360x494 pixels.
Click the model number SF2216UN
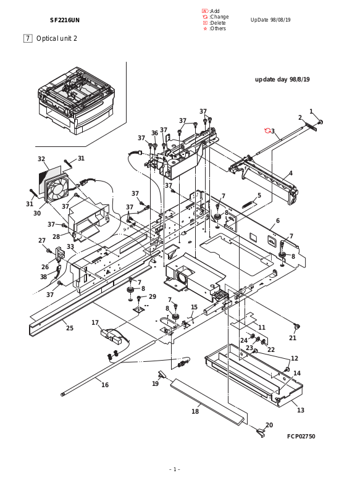(65, 20)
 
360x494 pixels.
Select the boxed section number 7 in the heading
(28, 38)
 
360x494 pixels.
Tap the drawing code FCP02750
(301, 437)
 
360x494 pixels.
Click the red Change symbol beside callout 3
(267, 130)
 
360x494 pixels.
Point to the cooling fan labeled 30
(56, 189)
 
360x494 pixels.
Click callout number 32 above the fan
(41, 159)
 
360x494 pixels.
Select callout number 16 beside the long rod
(105, 385)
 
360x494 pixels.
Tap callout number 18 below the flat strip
(195, 411)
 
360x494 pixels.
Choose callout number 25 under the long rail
(70, 328)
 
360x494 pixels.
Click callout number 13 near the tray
(301, 410)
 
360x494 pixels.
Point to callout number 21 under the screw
(293, 338)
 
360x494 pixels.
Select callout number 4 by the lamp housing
(291, 173)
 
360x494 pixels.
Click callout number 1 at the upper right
(311, 111)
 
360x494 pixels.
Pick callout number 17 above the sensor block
(95, 322)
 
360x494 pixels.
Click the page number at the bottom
(175, 469)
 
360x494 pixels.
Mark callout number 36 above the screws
(154, 133)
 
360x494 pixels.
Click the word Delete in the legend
(218, 23)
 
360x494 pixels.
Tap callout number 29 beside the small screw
(153, 296)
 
